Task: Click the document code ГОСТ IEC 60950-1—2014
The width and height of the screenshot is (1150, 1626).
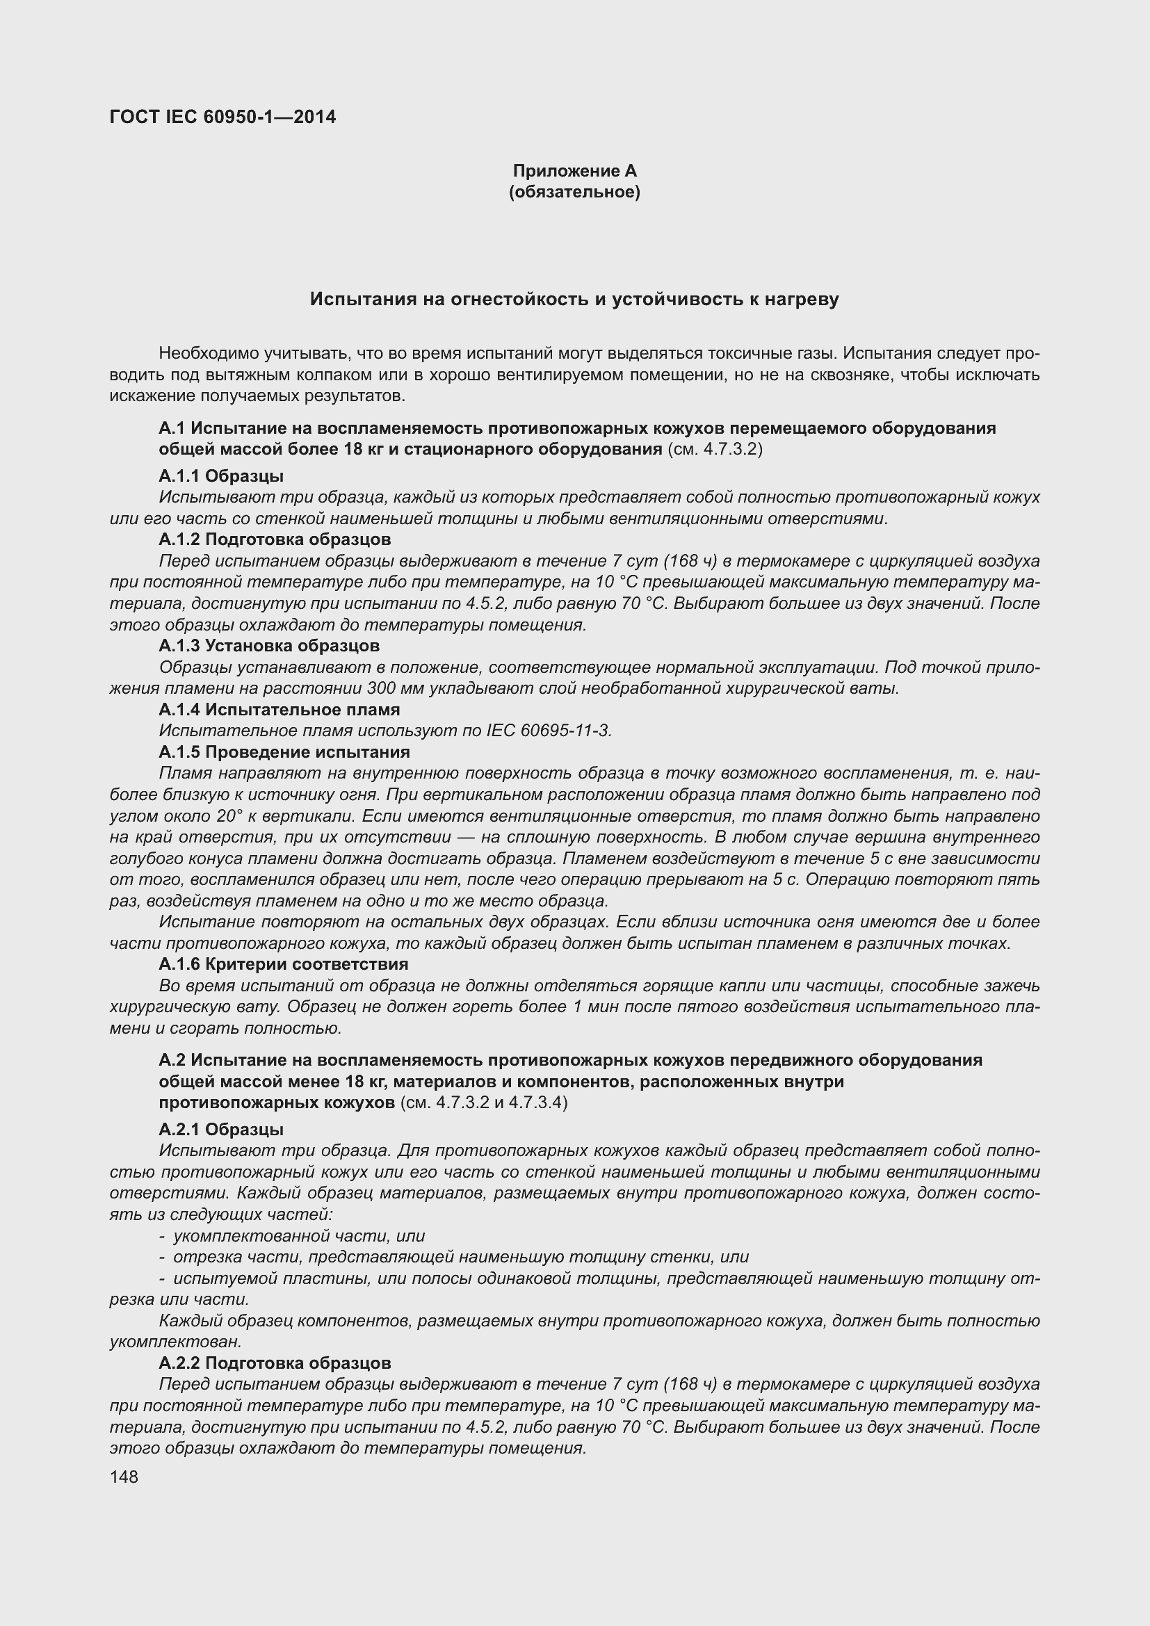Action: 222,117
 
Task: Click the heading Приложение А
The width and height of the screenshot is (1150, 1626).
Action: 574,171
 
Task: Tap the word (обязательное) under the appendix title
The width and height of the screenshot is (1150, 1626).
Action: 574,192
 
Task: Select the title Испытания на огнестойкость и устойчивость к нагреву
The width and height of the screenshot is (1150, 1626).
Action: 574,299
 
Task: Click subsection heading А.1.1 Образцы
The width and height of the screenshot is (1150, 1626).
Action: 221,476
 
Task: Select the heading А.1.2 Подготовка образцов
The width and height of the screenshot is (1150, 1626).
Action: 275,539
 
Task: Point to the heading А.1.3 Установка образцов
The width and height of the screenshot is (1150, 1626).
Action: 269,646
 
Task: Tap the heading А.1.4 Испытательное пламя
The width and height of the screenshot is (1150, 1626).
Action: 279,710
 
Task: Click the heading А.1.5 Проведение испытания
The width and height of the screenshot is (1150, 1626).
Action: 284,752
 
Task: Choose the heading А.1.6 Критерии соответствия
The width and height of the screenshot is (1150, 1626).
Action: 283,965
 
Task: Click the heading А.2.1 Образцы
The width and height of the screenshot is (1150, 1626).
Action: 221,1130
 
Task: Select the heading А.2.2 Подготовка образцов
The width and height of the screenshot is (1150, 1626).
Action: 275,1363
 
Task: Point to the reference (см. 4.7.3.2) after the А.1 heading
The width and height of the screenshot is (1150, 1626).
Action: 715,450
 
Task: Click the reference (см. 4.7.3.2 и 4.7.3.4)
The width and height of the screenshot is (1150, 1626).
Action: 484,1103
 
